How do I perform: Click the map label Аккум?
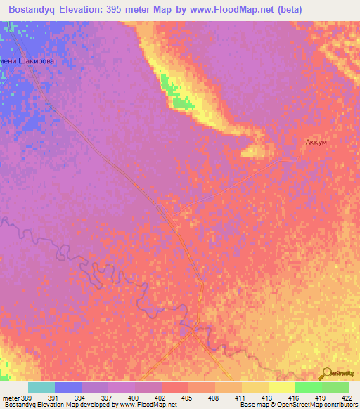[x=316, y=142]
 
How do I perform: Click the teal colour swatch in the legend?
[x=41, y=387]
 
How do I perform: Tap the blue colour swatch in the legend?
[x=68, y=387]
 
